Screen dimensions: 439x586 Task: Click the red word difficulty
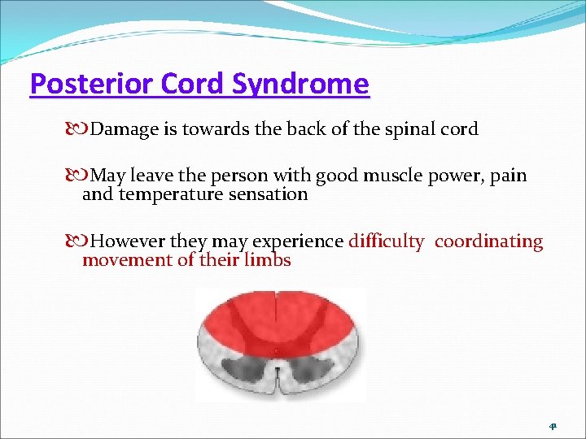(x=386, y=241)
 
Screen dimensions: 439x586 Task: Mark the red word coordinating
(x=488, y=241)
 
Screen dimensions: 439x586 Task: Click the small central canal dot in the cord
(x=278, y=352)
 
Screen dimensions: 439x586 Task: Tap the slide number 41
(x=553, y=426)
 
